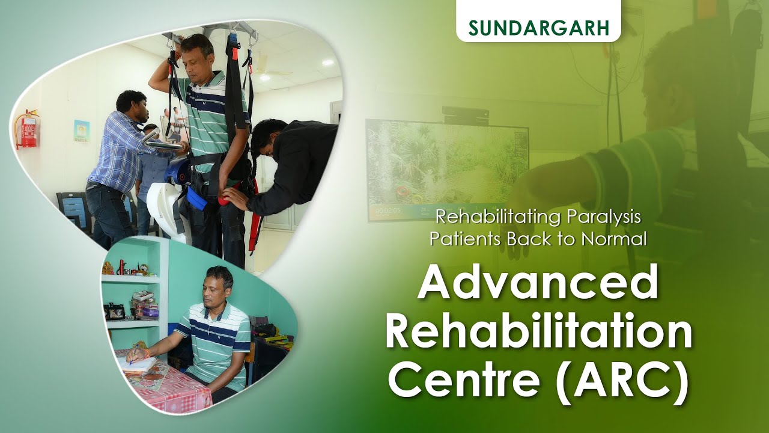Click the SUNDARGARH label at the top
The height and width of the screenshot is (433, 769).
click(x=538, y=28)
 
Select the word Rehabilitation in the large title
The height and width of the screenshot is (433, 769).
click(x=538, y=334)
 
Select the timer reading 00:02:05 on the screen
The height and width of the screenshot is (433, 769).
click(x=386, y=211)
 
